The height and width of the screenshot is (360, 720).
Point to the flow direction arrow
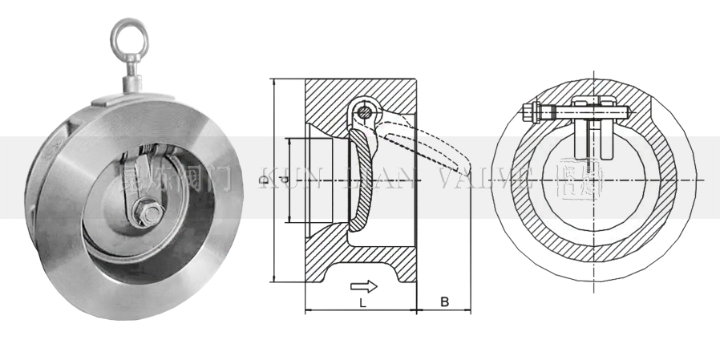coord(364,286)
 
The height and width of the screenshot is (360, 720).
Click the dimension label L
coord(362,304)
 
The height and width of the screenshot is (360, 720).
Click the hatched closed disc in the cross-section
coord(362,184)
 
